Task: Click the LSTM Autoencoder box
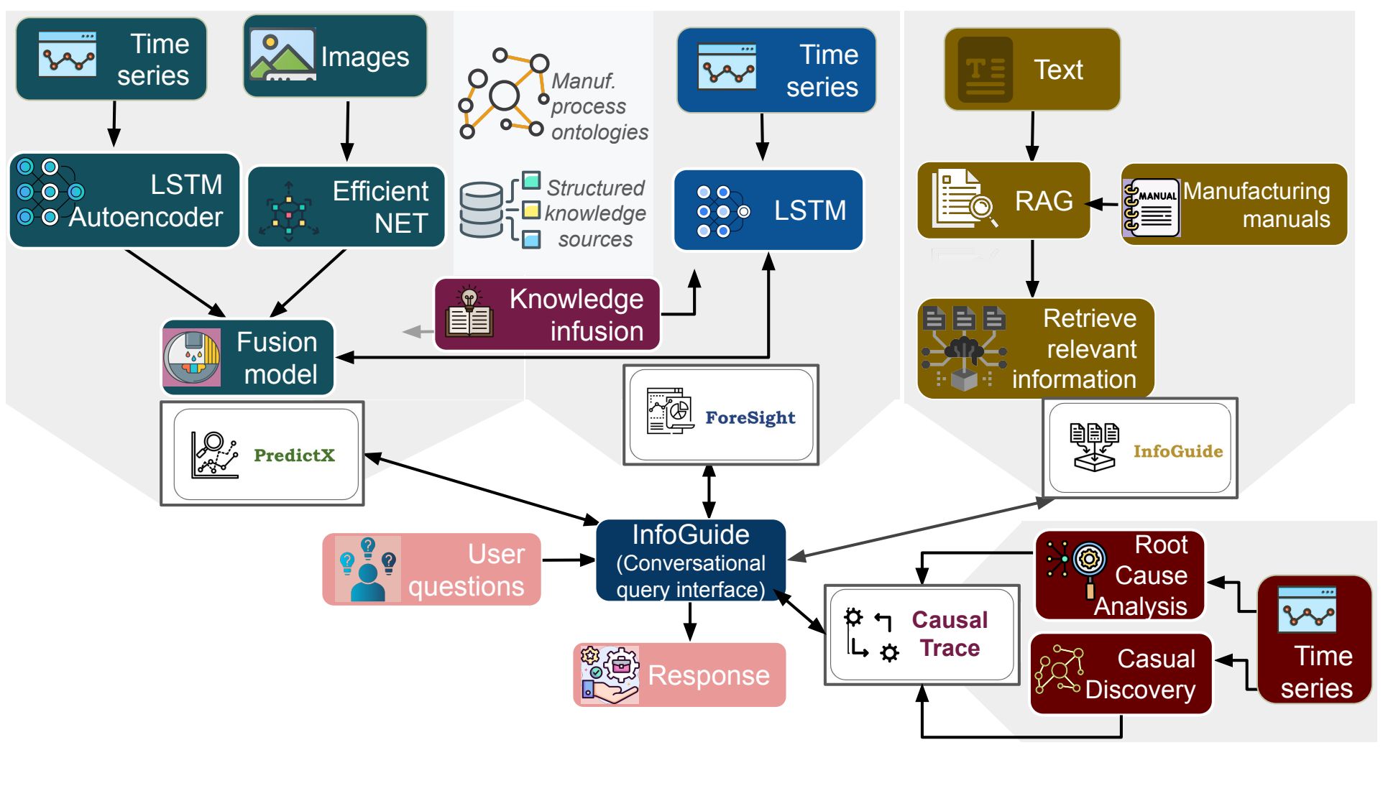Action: [x=124, y=200]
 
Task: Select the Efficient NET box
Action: [x=346, y=207]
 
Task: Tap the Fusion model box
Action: [x=249, y=358]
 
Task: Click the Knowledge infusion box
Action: [x=547, y=315]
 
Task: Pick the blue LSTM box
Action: [x=768, y=210]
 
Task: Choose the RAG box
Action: [x=1003, y=200]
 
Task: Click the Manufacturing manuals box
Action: [x=1233, y=205]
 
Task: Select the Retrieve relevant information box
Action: [x=1035, y=348]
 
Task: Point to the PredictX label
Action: [x=294, y=455]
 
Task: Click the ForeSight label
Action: [x=750, y=417]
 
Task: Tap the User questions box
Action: [x=431, y=570]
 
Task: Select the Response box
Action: [x=679, y=675]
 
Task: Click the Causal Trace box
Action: [x=922, y=634]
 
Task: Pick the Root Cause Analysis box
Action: [x=1119, y=575]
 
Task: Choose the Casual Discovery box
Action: [x=1121, y=674]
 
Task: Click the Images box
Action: [x=335, y=56]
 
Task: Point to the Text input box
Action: [x=1032, y=70]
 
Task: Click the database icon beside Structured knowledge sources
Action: [x=481, y=210]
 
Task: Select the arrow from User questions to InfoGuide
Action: [x=568, y=560]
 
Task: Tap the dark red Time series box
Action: [x=1315, y=639]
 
